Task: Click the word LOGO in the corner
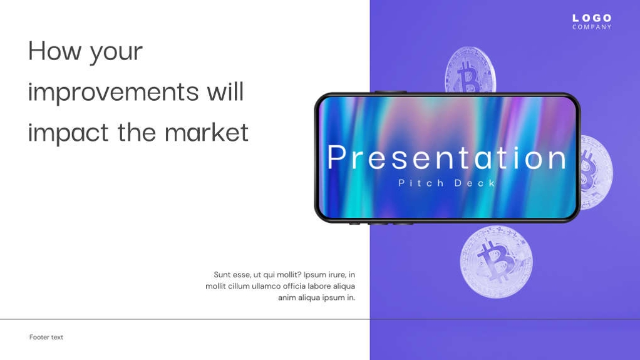592,18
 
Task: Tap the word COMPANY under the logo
592,27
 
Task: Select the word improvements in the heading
113,92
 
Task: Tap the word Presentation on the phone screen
446,157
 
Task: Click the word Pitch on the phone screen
421,183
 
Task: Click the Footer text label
46,337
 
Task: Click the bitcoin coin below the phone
496,262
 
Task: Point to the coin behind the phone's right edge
597,172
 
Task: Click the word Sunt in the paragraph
222,274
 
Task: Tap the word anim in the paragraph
287,297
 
